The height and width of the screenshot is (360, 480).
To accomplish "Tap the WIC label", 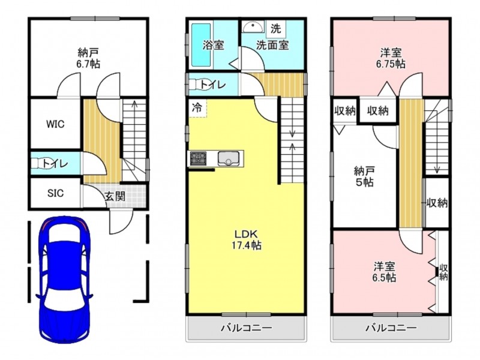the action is coord(55,124).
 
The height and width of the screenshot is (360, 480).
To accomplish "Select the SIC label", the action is coord(55,193).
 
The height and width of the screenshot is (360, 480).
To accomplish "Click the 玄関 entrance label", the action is coord(115,196).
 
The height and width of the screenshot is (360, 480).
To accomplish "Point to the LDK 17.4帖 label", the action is coord(248,239).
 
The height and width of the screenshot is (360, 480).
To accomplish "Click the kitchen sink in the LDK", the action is coord(229,158).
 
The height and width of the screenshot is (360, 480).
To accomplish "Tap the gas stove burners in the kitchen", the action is coord(198,158).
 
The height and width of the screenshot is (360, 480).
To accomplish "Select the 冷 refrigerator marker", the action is coord(197,107).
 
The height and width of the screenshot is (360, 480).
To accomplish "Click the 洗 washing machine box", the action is coord(275,29).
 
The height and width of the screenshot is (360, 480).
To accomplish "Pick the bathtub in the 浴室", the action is coord(201,45).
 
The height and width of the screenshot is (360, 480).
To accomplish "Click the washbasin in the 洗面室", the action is coord(253,27).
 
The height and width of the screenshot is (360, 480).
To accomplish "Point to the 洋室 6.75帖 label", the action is coord(391,58).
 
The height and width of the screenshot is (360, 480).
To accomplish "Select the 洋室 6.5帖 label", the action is coord(384,272).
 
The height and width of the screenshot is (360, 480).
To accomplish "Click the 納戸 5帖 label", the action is coord(364,176).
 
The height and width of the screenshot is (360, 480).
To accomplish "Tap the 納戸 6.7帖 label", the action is coord(88,58).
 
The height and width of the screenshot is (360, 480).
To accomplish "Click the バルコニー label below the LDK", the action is coord(247,328).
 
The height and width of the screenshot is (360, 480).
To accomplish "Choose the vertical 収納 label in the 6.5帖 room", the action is coord(443,272).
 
